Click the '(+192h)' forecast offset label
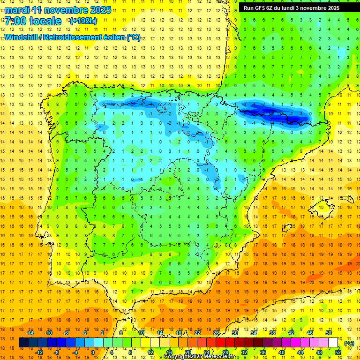pyautogui.click(x=83, y=21)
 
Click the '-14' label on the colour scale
pyautogui.click(x=30, y=333)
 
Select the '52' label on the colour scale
pyautogui.click(x=338, y=352)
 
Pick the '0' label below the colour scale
pyautogui.click(x=93, y=352)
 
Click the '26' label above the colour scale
pyautogui.click(x=216, y=333)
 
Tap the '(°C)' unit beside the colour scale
pyautogui.click(x=349, y=343)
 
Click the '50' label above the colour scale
pyautogui.click(x=329, y=333)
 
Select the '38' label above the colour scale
pyautogui.click(x=272, y=333)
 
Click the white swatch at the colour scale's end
pyautogui.click(x=333, y=343)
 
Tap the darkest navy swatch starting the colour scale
pyautogui.click(x=23, y=343)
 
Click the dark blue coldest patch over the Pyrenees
pyautogui.click(x=277, y=112)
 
